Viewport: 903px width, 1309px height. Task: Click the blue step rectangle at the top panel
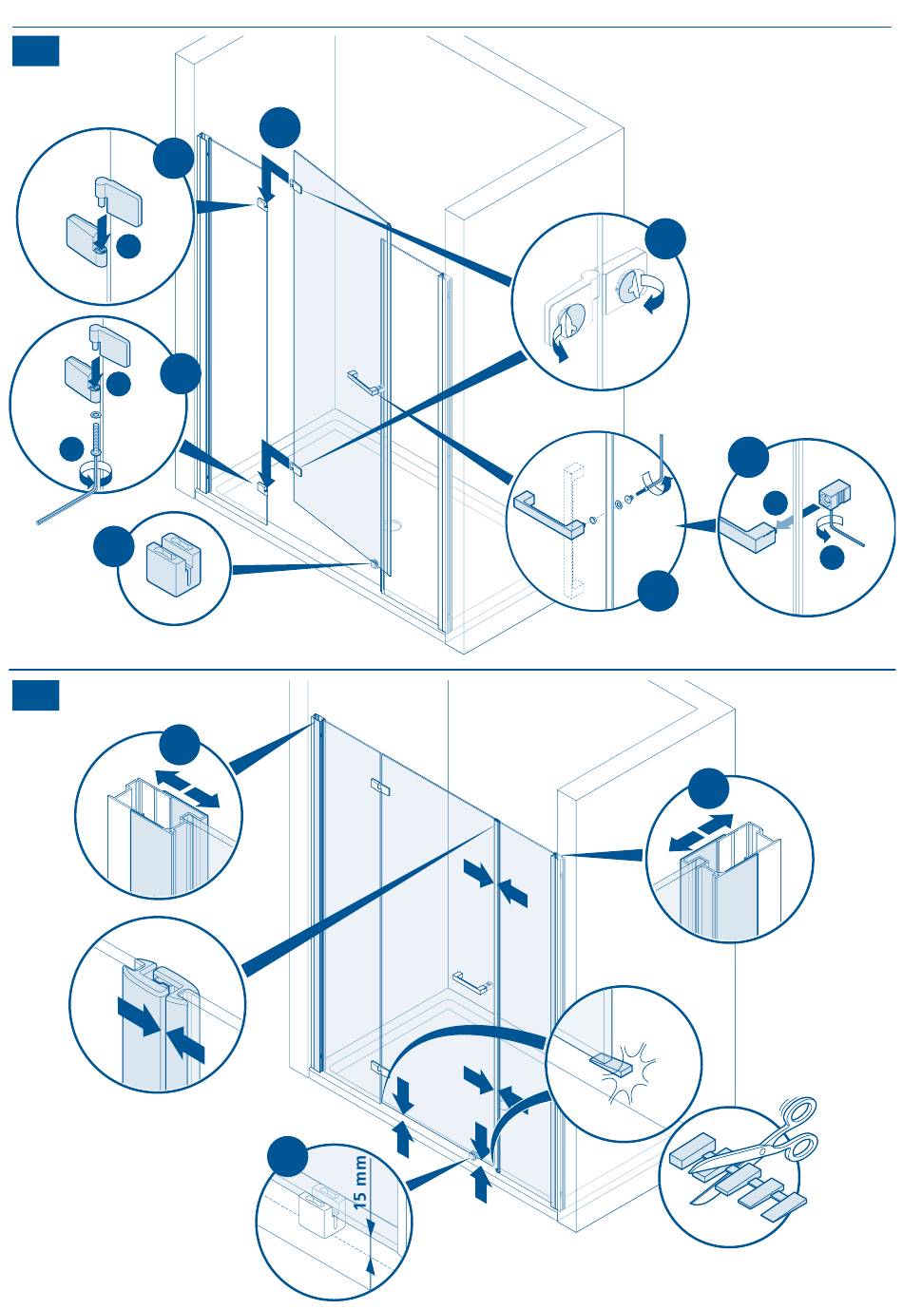36,51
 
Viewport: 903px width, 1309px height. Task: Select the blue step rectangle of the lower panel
36,694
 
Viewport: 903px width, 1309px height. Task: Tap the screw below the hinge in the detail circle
95,437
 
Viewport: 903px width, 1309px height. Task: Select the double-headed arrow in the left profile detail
187,788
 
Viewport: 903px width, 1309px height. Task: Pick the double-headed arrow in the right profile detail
701,833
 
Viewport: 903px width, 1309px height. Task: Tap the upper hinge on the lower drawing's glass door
380,786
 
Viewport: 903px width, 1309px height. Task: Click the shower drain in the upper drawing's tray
399,524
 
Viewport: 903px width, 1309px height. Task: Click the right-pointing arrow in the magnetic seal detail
138,1015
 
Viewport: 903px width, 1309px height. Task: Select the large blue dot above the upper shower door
280,127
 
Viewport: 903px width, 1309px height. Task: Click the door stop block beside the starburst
610,1064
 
